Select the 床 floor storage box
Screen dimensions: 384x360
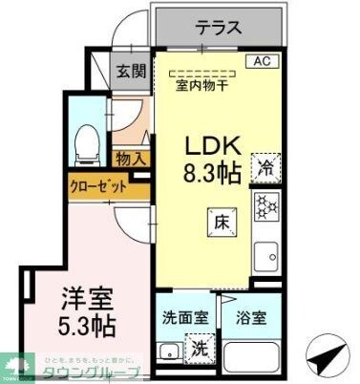tap(219, 222)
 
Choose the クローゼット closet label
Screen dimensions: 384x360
tap(99, 187)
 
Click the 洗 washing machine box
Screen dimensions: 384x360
tap(200, 348)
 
